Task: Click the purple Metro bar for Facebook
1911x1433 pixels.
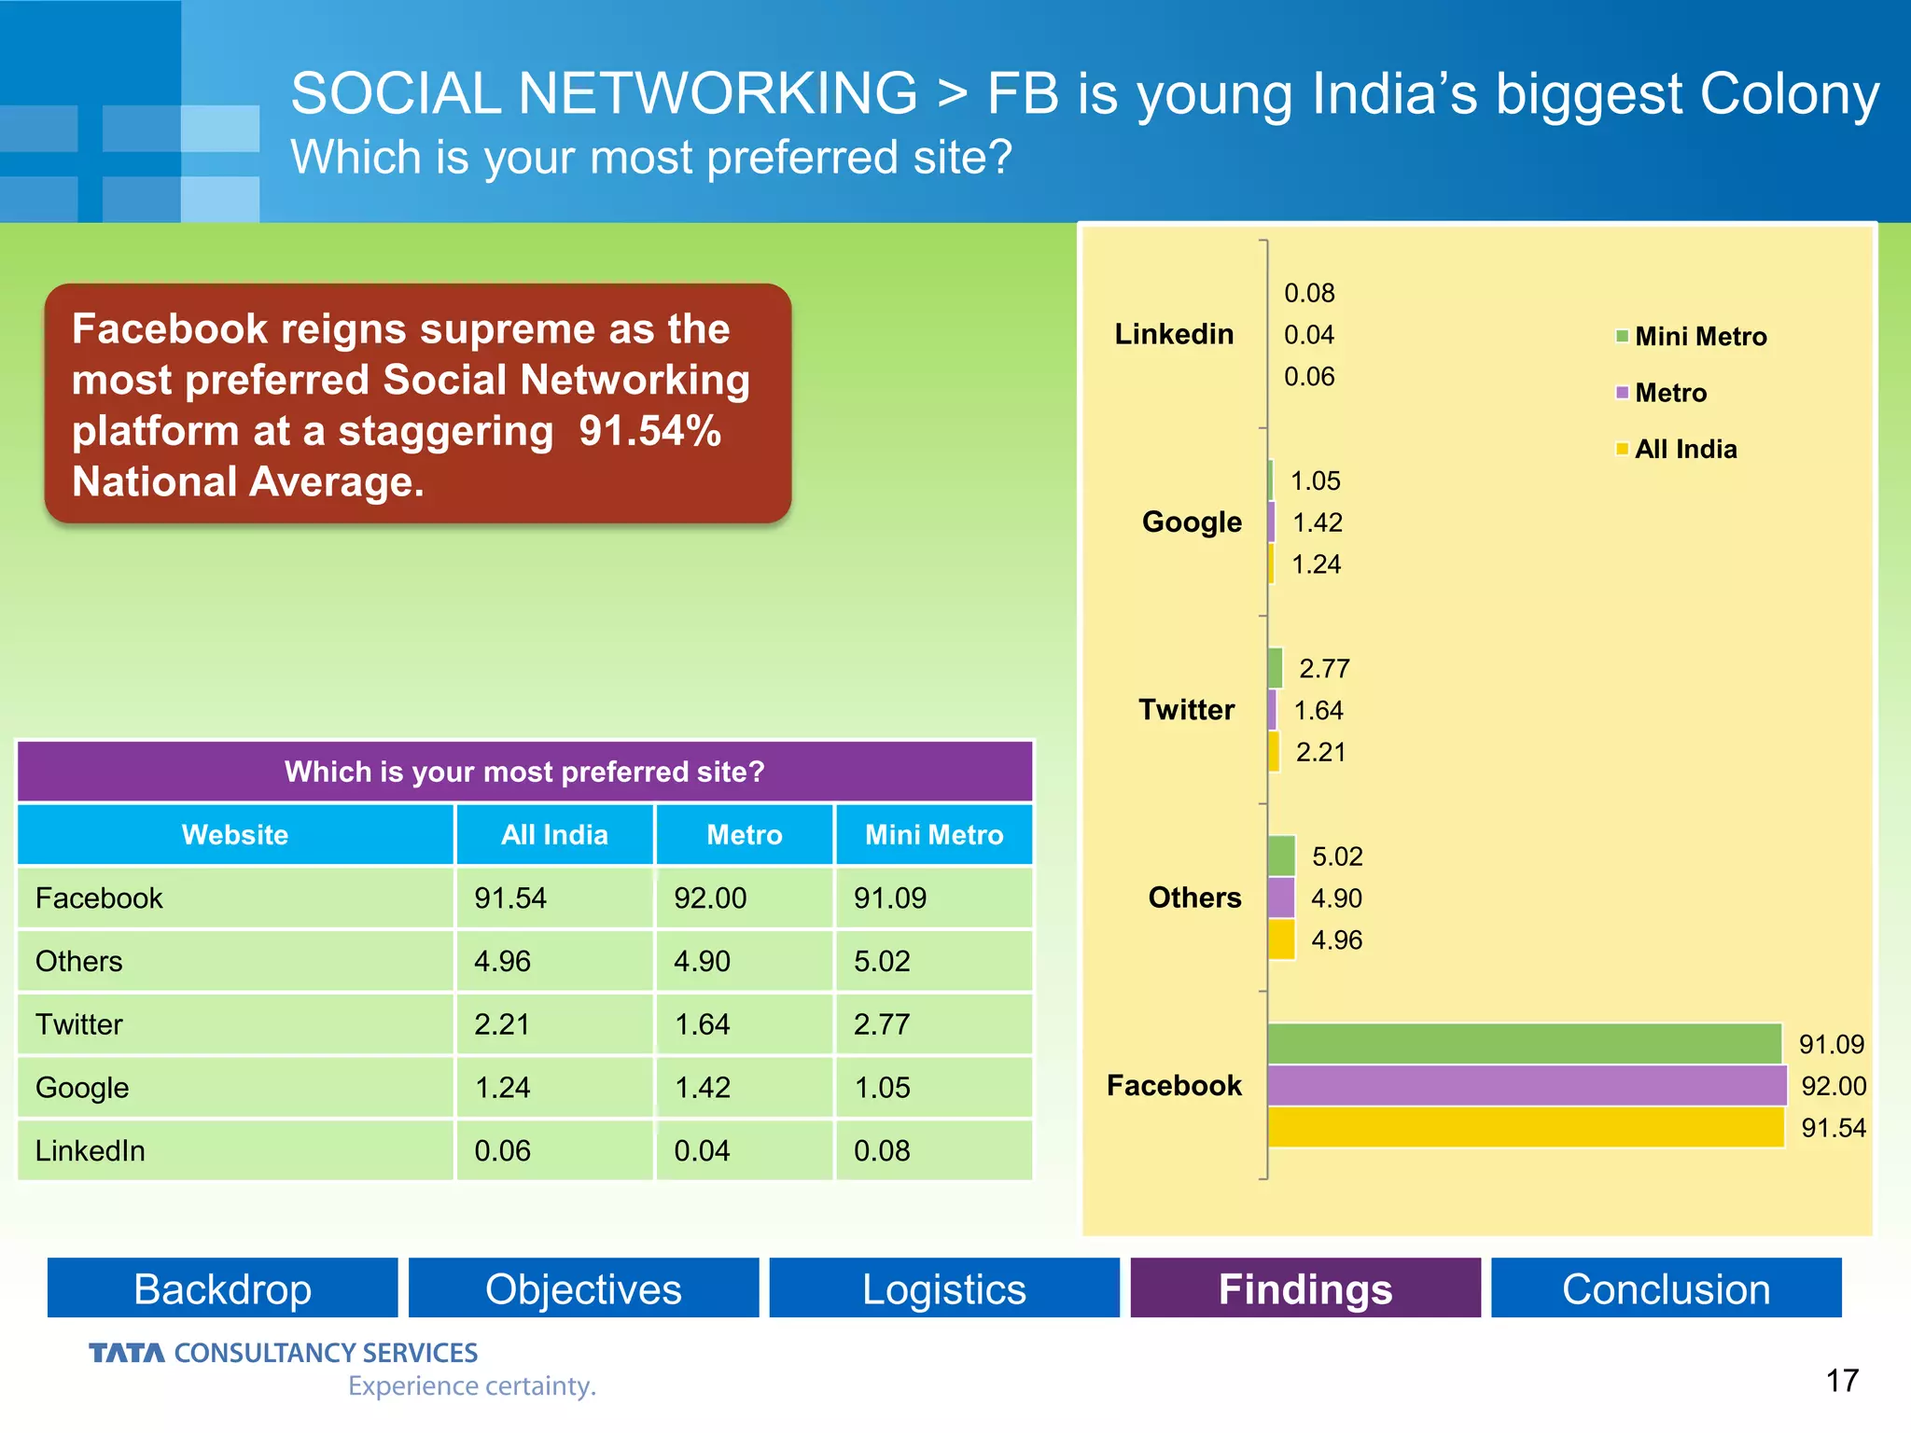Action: [x=1526, y=1085]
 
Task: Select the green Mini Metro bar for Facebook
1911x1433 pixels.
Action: [x=1524, y=1043]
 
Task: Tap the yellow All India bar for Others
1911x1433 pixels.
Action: [x=1281, y=939]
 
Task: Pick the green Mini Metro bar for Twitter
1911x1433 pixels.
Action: [x=1276, y=668]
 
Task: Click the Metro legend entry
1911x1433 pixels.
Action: [x=1669, y=393]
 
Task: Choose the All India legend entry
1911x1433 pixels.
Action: [x=1684, y=450]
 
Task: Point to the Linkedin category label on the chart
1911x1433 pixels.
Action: [x=1174, y=334]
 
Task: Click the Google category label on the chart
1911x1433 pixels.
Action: [x=1192, y=522]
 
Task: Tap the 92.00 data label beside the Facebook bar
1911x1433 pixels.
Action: [x=1833, y=1086]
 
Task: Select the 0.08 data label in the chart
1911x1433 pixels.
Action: [x=1309, y=293]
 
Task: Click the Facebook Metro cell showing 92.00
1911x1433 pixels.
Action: [x=710, y=897]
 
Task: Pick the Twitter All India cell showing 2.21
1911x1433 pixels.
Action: [x=502, y=1024]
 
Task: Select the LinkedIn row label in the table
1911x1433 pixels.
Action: [x=91, y=1150]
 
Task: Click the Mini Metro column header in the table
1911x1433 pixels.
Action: [x=933, y=834]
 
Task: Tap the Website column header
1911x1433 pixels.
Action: [x=235, y=834]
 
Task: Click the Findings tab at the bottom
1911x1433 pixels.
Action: [x=1304, y=1288]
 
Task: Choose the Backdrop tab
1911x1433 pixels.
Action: [x=222, y=1288]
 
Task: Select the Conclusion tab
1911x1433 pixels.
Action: [x=1666, y=1288]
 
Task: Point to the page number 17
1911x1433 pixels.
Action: [x=1841, y=1380]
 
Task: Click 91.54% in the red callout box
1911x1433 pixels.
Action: [x=649, y=431]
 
